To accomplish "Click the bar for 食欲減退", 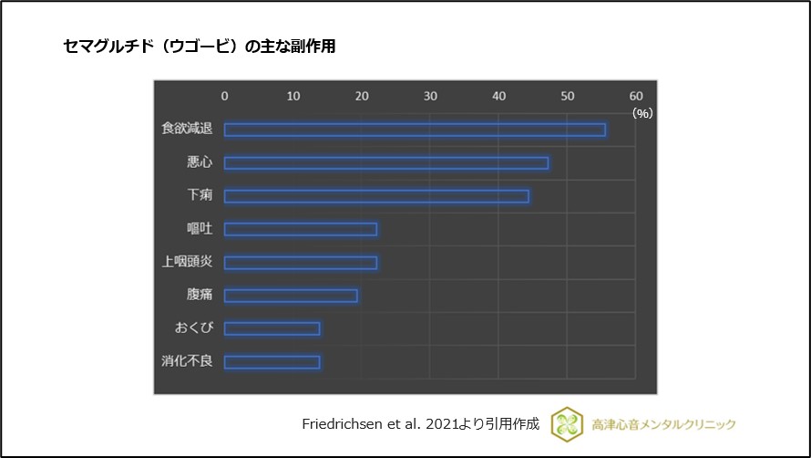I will pos(415,130).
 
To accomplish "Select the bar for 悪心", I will pos(386,162).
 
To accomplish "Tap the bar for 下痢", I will pos(376,196).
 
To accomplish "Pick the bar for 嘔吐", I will pos(301,229).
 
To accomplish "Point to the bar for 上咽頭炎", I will pos(301,263).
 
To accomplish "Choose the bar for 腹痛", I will pos(291,296).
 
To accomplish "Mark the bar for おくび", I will pos(272,328).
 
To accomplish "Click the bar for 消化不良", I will pos(272,362).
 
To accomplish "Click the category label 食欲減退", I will pos(187,130).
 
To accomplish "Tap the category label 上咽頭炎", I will pos(187,263).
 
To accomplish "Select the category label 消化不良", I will pos(187,362).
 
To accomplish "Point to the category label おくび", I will pos(193,328).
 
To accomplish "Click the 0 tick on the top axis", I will pos(225,96).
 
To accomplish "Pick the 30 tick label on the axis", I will pos(430,96).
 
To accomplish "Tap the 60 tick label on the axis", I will pos(636,96).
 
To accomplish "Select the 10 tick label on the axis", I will pos(293,96).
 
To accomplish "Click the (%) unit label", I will pos(642,113).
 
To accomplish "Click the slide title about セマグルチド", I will pos(200,47).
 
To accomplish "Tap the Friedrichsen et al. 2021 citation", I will pos(420,424).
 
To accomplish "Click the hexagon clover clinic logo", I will pos(567,424).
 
